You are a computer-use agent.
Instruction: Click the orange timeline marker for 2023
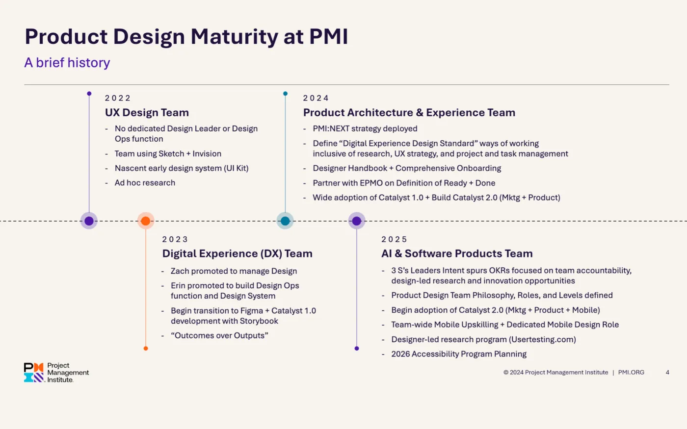pos(146,221)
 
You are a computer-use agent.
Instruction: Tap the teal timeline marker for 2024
pos(285,221)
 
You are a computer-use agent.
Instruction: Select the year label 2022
pos(118,98)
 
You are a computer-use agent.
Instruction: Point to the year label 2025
pos(395,239)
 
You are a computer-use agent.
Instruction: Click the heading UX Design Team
pos(147,113)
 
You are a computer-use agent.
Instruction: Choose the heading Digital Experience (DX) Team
pos(237,253)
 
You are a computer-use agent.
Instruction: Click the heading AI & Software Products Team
pos(457,253)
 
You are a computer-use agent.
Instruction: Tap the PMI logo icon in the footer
pos(34,373)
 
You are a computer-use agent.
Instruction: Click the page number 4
pos(667,373)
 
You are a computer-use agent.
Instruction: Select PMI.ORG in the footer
pos(631,373)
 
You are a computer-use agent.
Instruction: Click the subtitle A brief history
pos(67,63)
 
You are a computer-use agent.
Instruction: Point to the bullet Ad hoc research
pos(145,183)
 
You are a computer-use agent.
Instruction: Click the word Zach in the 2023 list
pos(180,271)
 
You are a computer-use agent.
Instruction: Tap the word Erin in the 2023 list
pos(178,286)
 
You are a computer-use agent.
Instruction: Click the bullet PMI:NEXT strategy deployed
pos(365,128)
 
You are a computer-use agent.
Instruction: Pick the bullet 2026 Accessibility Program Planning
pos(459,354)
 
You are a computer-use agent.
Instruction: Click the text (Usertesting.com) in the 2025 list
pos(542,339)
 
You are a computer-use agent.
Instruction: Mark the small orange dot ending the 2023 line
pos(146,349)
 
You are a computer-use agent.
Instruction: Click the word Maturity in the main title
pos(234,37)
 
